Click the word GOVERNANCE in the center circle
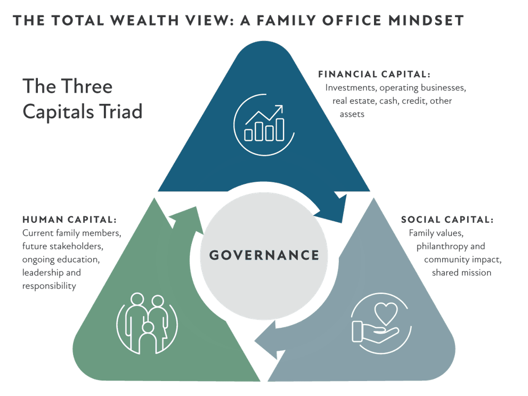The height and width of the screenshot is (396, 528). [264, 255]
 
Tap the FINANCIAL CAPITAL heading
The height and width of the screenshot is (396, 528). [374, 74]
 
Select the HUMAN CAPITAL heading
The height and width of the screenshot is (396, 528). [69, 220]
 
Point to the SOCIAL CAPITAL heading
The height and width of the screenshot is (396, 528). [447, 220]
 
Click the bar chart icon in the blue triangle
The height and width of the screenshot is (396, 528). [264, 125]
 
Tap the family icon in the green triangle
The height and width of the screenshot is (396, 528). [147, 324]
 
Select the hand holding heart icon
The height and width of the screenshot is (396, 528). [381, 324]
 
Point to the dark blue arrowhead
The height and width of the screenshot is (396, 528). [334, 209]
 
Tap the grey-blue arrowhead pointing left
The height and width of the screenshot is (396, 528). [270, 341]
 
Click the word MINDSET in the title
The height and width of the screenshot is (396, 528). [426, 21]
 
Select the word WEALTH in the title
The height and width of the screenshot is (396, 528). [145, 21]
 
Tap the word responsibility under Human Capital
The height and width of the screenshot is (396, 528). [49, 286]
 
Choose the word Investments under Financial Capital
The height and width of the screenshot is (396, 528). [351, 88]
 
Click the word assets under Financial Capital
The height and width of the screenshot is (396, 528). [352, 115]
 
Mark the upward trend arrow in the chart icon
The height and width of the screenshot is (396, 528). [265, 115]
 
